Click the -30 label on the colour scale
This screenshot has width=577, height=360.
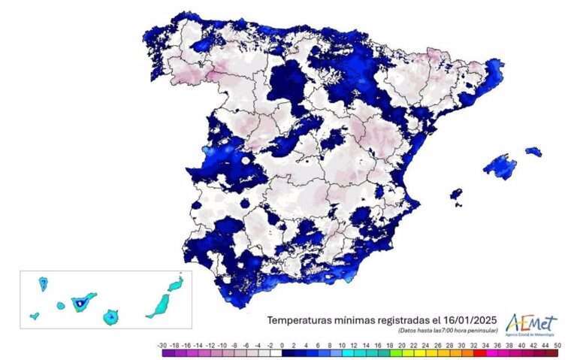point(162,344)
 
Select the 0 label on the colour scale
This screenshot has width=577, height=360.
point(282,344)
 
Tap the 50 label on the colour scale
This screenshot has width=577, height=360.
point(556,344)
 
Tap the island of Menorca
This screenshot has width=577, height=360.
point(533,151)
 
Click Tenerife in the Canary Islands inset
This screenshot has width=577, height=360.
point(81,303)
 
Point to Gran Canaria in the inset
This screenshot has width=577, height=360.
point(111,316)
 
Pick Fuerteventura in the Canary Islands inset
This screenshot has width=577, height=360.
point(160,304)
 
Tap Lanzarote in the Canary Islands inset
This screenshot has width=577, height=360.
point(176,283)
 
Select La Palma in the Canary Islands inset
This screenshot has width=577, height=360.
point(43,283)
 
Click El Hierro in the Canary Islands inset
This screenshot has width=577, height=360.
point(35,316)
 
